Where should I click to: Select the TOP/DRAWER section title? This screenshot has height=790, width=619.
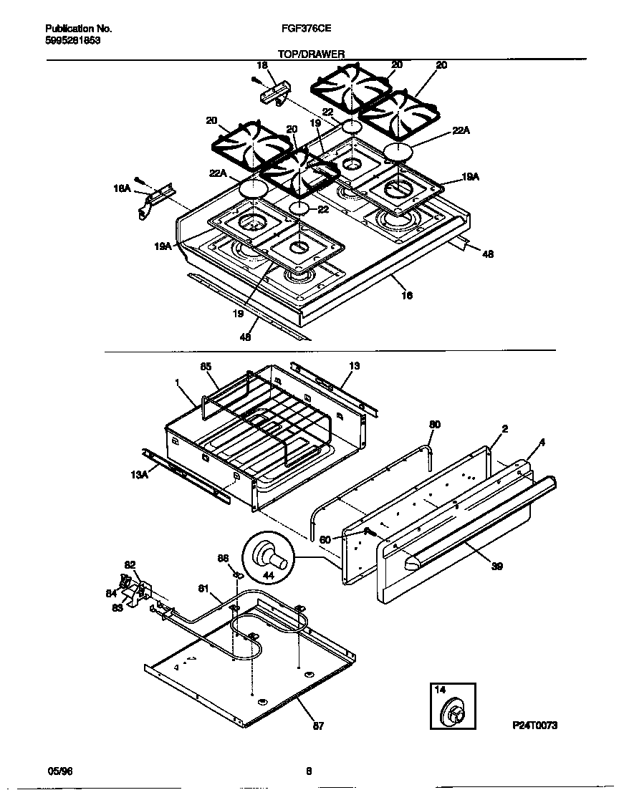point(311,54)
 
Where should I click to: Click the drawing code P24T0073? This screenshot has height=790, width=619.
point(534,726)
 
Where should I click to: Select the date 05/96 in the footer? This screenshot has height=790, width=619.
point(59,771)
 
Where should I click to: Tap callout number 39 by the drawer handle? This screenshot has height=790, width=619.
point(497,566)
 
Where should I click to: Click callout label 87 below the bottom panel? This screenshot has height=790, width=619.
point(319,726)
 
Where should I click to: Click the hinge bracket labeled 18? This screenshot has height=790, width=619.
point(277,93)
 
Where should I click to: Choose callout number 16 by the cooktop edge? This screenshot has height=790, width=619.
point(407,295)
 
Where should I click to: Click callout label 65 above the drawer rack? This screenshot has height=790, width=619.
point(205,367)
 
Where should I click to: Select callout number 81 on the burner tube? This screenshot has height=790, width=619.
point(203,589)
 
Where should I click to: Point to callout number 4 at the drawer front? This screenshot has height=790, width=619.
point(542,443)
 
